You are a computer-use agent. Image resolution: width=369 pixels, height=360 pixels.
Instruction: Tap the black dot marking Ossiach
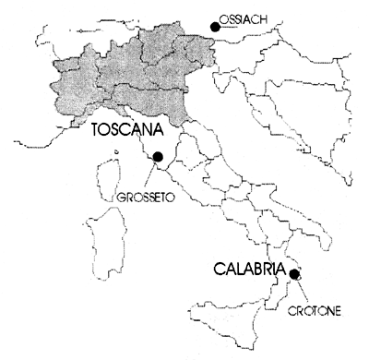click(215, 27)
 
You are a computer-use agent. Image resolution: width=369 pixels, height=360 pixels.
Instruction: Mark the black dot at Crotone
click(294, 273)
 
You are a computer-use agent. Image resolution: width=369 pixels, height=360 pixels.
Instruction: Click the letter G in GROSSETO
click(121, 197)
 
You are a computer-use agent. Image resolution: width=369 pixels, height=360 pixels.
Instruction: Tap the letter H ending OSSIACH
click(271, 17)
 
